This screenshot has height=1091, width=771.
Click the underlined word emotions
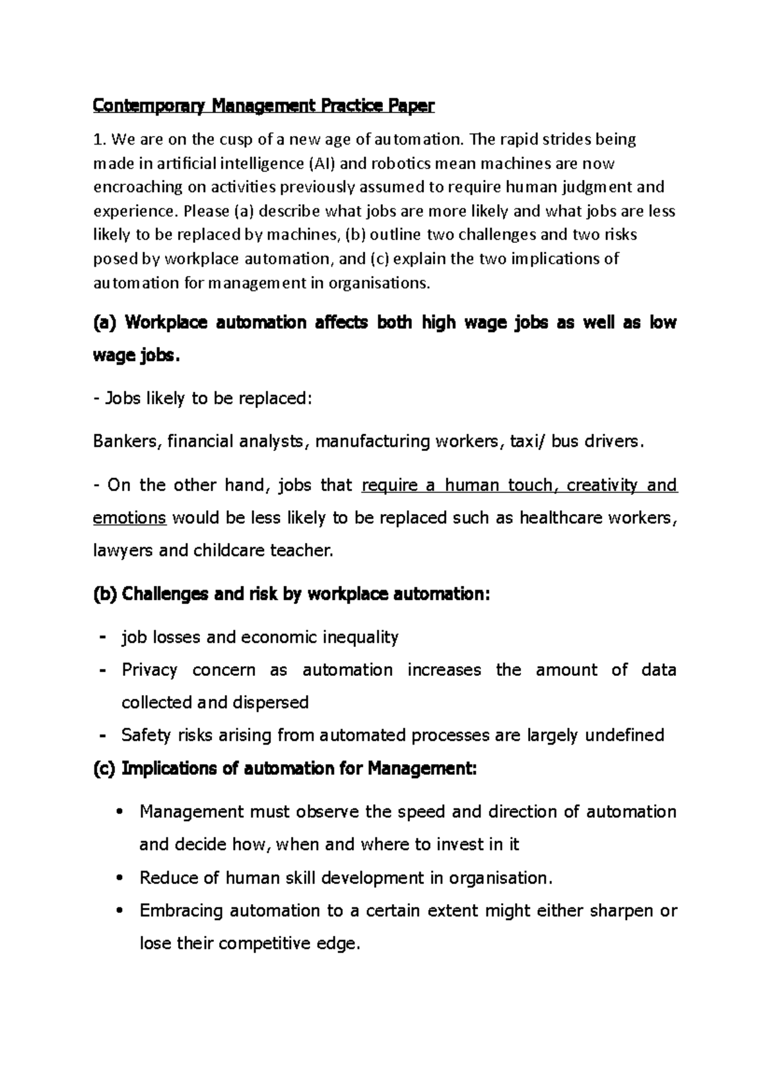(x=130, y=517)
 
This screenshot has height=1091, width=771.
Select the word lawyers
(x=123, y=550)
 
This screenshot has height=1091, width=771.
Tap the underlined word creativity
(x=598, y=484)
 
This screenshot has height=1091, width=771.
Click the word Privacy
(x=149, y=670)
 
